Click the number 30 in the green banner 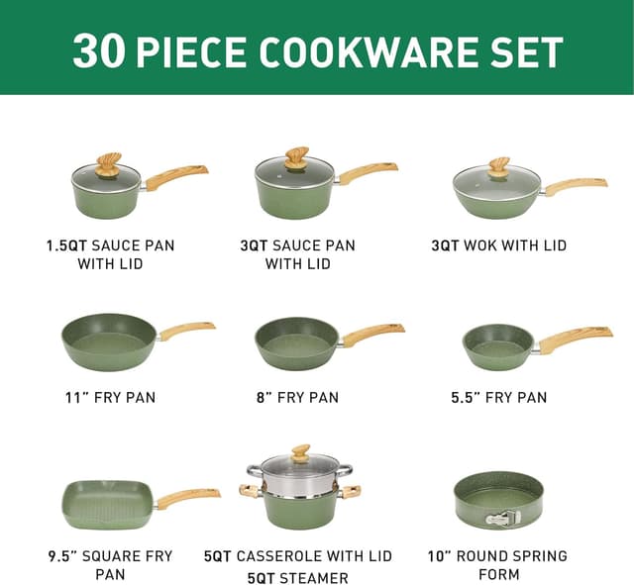coord(99,51)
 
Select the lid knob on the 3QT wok coord(500,168)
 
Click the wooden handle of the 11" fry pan coord(187,331)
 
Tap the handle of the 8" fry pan coord(372,334)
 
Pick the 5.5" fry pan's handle coord(576,339)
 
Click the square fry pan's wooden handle coord(188,498)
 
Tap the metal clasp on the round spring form coord(502,518)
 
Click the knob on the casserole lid coord(301,453)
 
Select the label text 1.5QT coord(67,245)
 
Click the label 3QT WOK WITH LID coord(498,245)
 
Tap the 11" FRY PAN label coord(110,397)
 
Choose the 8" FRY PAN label coord(297,397)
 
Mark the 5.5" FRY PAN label coord(499,397)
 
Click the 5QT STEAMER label coord(297,578)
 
